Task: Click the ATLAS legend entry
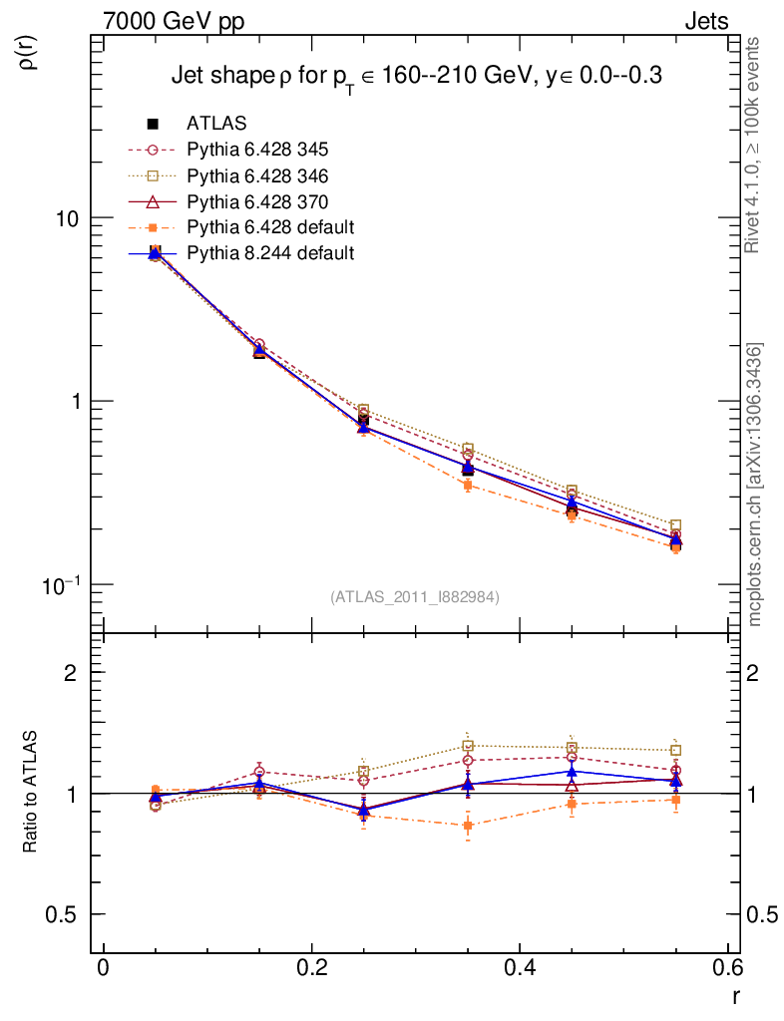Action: (x=216, y=124)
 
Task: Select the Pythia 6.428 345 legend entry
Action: (x=257, y=150)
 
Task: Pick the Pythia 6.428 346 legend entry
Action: (x=257, y=175)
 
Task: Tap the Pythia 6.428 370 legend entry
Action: (x=257, y=201)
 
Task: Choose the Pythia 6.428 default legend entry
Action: (x=270, y=227)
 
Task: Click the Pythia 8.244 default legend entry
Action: (x=270, y=253)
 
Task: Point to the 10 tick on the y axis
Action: (x=67, y=218)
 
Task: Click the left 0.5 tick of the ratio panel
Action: (x=67, y=914)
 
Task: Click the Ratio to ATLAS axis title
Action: (x=31, y=793)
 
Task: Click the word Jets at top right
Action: (x=706, y=21)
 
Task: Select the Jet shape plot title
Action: (x=417, y=76)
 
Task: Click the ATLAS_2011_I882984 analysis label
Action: (x=415, y=596)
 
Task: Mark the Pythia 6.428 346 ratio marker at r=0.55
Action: (x=675, y=750)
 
